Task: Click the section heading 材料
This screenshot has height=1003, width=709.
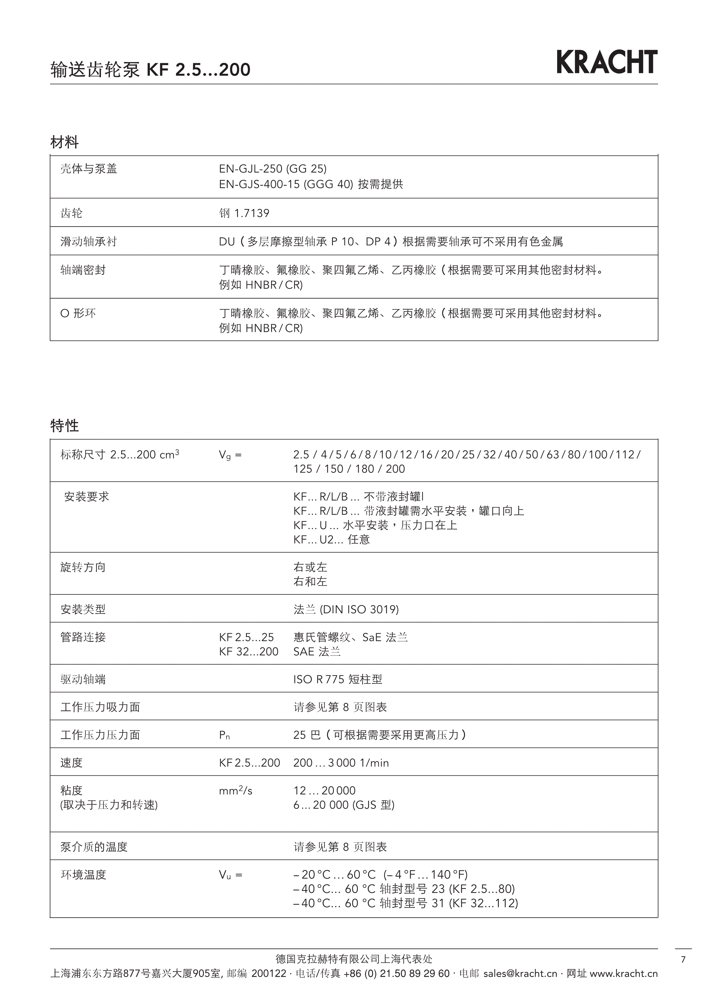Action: [x=65, y=142]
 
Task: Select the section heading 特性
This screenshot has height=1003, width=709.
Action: [x=65, y=425]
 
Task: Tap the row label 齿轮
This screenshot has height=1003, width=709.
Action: [x=72, y=213]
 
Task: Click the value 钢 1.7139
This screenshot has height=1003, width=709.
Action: [x=244, y=213]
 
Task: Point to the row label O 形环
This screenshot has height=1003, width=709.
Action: [x=78, y=313]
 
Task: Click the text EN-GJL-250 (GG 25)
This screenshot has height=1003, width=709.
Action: [x=273, y=169]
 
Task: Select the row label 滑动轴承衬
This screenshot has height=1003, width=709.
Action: [x=89, y=242]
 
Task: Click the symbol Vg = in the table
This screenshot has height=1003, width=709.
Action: [x=230, y=455]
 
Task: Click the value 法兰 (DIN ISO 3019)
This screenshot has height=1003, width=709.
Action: [x=346, y=609]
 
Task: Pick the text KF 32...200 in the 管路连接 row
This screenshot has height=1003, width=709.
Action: [x=249, y=652]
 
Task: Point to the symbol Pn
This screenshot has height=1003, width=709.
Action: [x=225, y=735]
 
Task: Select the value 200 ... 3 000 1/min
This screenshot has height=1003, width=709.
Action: [x=341, y=763]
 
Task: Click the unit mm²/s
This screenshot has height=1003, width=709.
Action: [x=235, y=790]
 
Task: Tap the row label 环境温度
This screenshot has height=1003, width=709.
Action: [x=83, y=875]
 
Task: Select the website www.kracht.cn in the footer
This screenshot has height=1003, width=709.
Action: [x=623, y=974]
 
